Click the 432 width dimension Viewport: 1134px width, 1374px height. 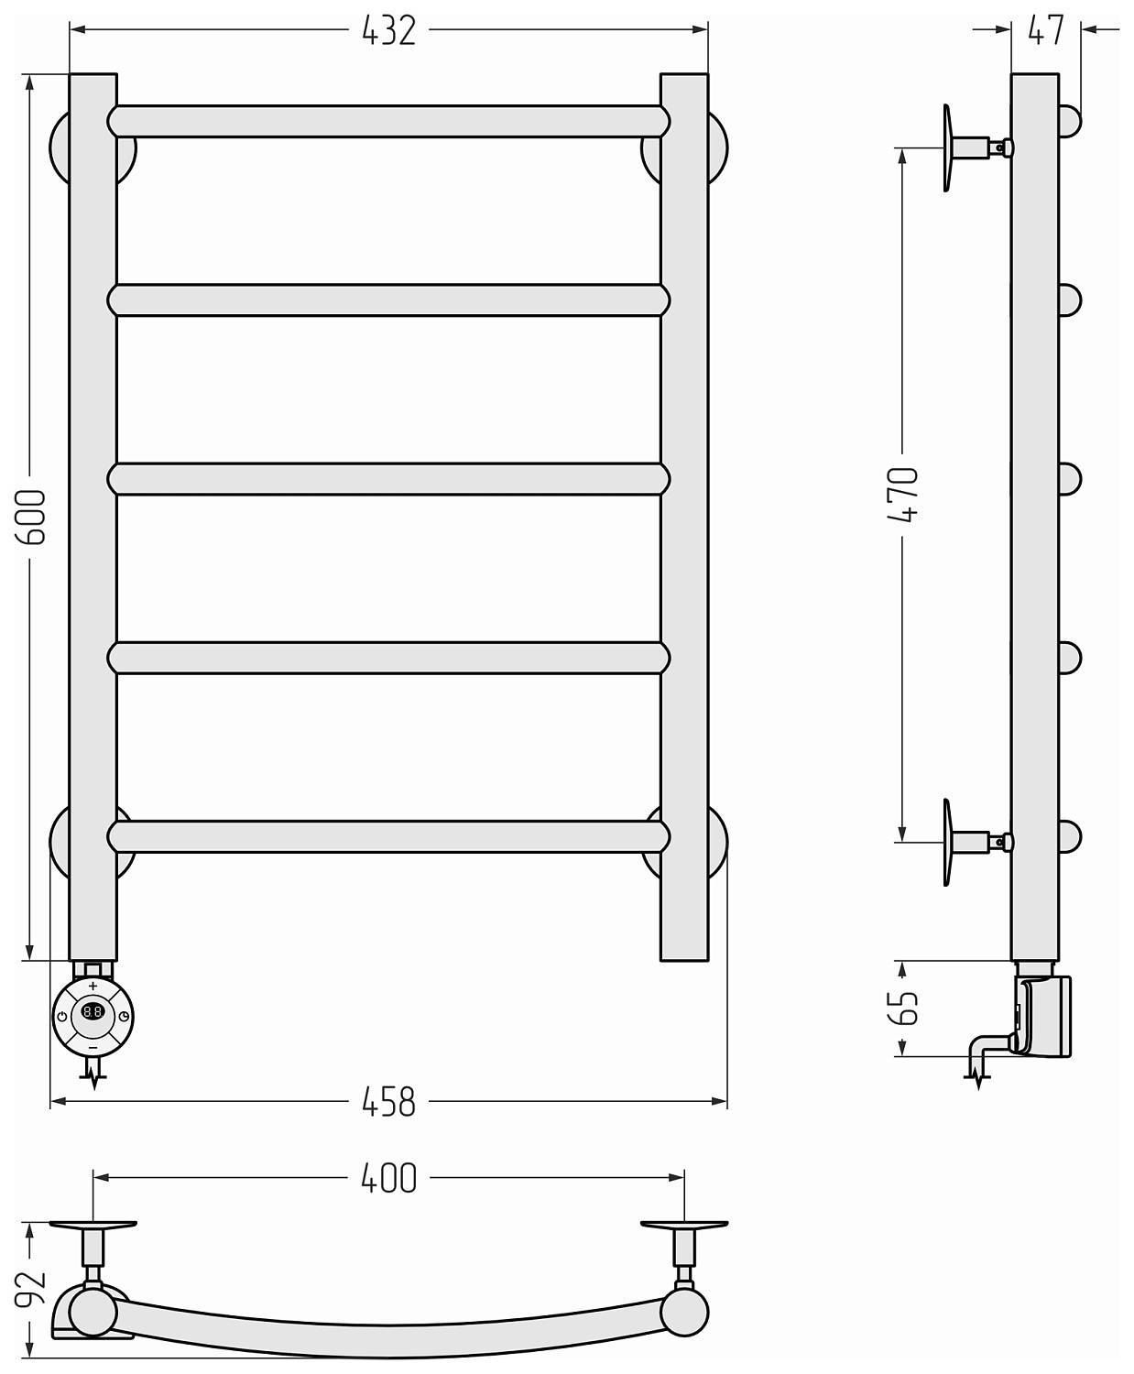388,31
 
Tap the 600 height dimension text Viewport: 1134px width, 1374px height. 31,517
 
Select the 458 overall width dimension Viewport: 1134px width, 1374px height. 388,1102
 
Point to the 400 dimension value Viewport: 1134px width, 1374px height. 388,1178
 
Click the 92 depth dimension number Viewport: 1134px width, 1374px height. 31,1288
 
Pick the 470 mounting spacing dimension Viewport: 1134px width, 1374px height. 902,495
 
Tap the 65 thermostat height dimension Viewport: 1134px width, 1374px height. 902,1008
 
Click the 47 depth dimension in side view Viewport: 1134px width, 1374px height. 1045,31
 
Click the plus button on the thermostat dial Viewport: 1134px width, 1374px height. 93,986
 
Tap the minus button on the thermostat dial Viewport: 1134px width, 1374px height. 93,1047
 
